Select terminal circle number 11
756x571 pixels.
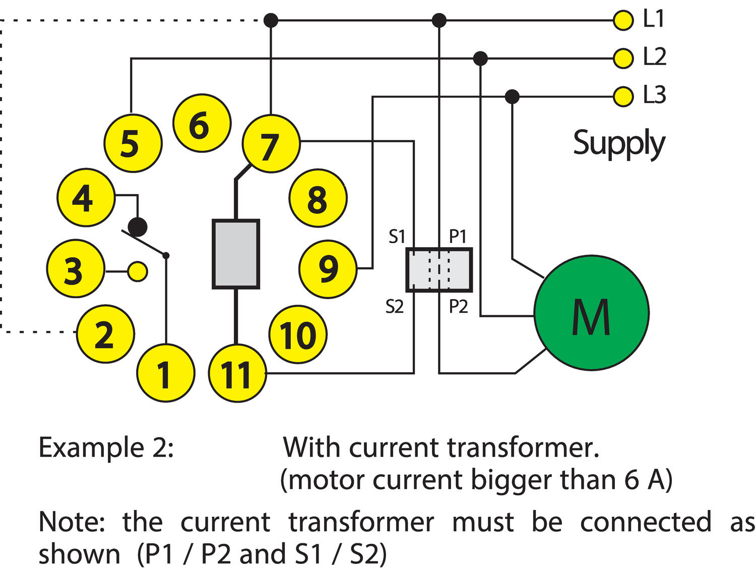point(237,374)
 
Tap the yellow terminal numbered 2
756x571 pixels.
point(105,333)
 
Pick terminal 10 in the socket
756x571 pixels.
point(297,334)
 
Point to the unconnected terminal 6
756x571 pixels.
point(202,123)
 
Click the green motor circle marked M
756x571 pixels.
point(591,313)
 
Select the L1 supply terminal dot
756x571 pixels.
point(623,21)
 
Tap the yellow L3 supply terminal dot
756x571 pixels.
point(623,96)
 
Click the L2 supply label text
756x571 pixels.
point(654,56)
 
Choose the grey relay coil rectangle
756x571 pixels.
point(236,254)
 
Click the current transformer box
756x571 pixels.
point(439,270)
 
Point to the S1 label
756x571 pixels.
point(397,236)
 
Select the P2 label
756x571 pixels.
point(458,306)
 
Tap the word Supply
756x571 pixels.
point(619,144)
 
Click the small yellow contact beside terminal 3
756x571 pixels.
point(137,271)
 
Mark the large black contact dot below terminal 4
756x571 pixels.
point(137,226)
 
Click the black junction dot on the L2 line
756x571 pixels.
point(481,59)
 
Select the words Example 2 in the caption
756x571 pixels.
point(106,447)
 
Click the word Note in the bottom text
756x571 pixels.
point(71,522)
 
